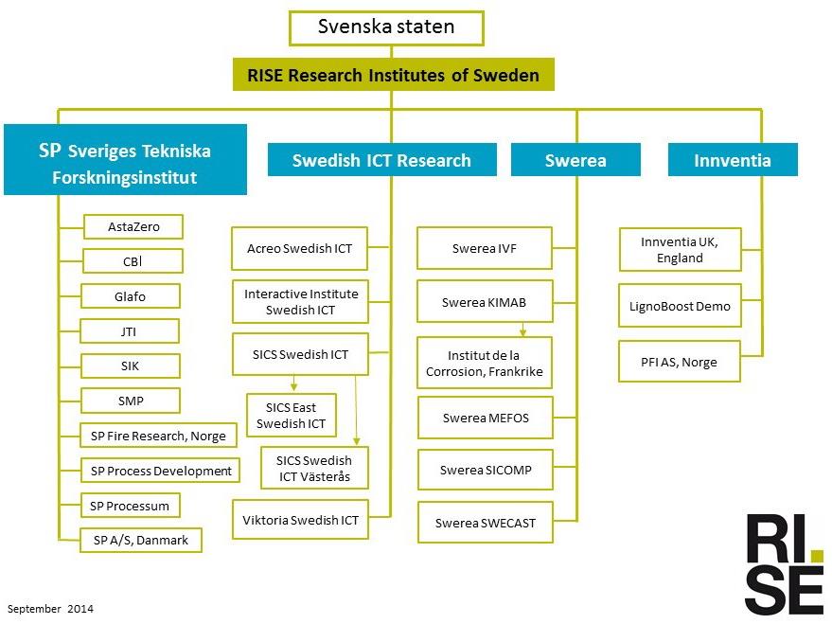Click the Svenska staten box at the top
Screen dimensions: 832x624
[386, 28]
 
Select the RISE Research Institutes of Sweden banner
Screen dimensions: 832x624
[393, 75]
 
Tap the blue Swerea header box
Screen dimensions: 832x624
[575, 160]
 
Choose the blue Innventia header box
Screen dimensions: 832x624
[733, 160]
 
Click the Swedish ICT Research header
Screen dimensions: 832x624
[382, 160]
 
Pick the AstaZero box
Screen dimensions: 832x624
[133, 226]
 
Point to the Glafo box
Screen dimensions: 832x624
[131, 296]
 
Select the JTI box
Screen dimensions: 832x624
[130, 331]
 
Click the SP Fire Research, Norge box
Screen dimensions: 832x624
[158, 436]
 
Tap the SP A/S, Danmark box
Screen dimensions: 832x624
[141, 540]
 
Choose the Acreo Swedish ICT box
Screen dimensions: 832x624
[300, 248]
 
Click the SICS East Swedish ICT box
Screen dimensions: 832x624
[292, 416]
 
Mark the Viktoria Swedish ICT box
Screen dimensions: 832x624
[300, 520]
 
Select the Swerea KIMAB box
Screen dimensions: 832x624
[485, 302]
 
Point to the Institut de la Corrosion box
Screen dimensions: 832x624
[485, 363]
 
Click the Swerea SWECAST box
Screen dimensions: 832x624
[486, 523]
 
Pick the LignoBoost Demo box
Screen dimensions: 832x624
[680, 306]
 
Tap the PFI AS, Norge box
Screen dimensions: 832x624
[680, 362]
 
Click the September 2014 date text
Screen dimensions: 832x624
[50, 609]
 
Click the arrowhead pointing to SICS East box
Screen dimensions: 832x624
[294, 387]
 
